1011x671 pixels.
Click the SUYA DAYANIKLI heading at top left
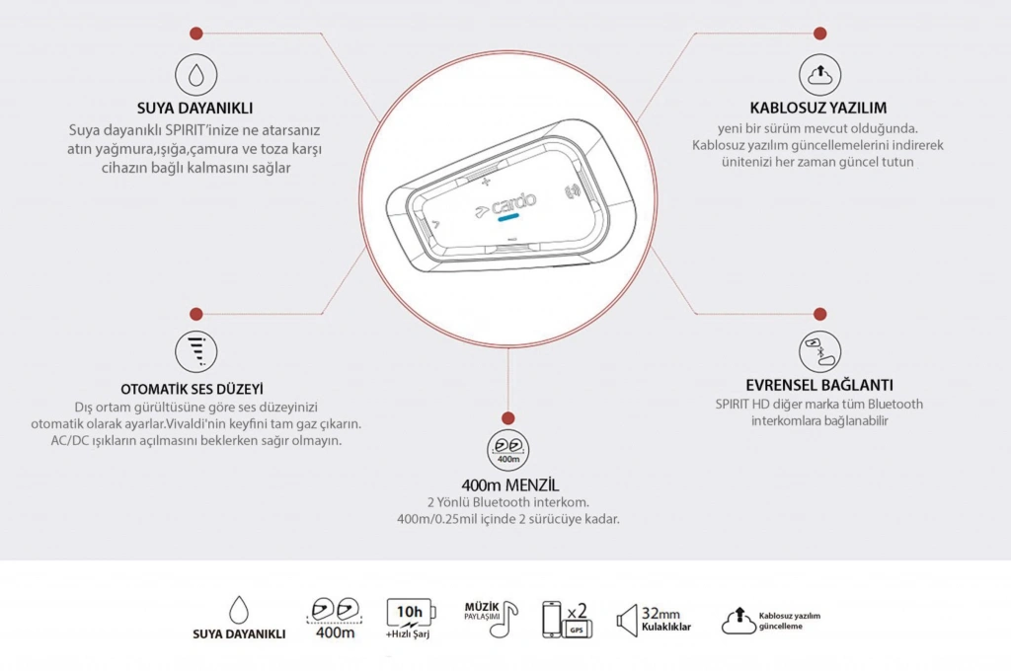click(x=194, y=108)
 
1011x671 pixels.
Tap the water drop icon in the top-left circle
click(x=195, y=75)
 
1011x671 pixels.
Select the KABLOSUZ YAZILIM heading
click(x=818, y=108)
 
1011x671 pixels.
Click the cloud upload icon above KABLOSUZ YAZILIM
click(x=819, y=75)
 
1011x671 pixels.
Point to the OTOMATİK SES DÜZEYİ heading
click(x=193, y=389)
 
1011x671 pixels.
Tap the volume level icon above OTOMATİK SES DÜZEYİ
click(x=196, y=351)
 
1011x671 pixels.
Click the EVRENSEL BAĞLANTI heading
click(x=819, y=385)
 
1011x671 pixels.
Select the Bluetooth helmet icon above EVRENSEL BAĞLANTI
click(x=819, y=351)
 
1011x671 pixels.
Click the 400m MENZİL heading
click(x=510, y=485)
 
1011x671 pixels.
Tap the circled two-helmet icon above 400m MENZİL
click(x=508, y=450)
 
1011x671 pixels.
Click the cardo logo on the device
click(x=506, y=204)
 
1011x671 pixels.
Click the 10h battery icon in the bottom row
click(x=411, y=613)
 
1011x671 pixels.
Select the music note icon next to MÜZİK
click(x=508, y=618)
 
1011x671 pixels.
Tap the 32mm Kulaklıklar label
click(x=665, y=620)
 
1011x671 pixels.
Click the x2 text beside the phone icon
click(x=577, y=611)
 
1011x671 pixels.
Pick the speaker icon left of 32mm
click(x=627, y=622)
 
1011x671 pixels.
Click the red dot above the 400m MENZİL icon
click(x=508, y=418)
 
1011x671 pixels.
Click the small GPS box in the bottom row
click(x=577, y=630)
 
